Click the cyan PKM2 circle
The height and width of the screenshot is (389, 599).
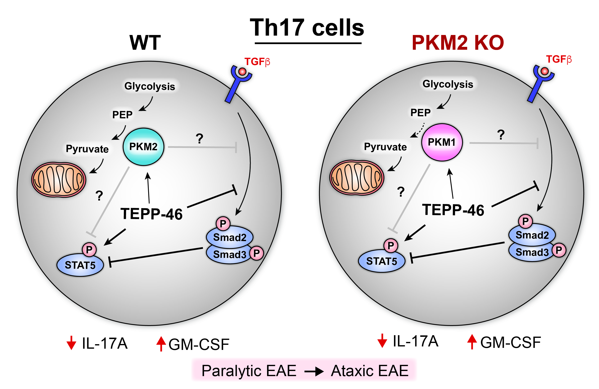click(x=143, y=147)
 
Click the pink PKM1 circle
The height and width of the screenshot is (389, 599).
click(x=442, y=142)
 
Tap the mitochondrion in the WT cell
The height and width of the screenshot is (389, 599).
click(x=59, y=179)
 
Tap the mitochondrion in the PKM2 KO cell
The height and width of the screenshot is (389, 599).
click(x=357, y=177)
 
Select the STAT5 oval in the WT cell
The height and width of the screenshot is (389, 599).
click(x=80, y=265)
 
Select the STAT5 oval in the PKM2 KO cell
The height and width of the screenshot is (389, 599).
click(x=381, y=261)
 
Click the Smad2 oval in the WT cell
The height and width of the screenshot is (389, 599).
click(x=230, y=237)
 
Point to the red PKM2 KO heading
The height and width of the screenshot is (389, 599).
click(x=458, y=43)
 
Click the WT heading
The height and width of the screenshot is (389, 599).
click(x=145, y=43)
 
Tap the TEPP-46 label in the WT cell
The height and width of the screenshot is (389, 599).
click(x=151, y=214)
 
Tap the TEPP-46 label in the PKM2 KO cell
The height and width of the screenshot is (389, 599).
click(x=453, y=210)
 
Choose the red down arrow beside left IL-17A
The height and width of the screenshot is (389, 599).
click(x=71, y=343)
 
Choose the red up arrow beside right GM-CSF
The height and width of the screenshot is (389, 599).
click(x=472, y=342)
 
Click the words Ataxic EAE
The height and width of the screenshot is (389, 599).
click(x=369, y=371)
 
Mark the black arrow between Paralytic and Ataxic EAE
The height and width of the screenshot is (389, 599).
click(x=314, y=371)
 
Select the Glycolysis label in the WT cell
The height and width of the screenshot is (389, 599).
click(x=150, y=86)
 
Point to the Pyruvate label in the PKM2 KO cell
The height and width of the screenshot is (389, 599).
click(x=385, y=147)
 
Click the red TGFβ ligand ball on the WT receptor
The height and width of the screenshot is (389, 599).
click(x=242, y=71)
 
